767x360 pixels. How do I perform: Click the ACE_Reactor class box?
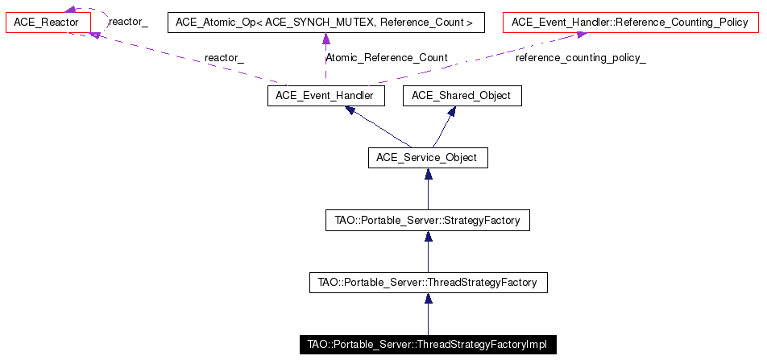[46, 22]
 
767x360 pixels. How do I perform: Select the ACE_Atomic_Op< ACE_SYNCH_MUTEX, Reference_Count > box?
[325, 22]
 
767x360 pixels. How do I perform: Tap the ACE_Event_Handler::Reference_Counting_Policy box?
[629, 22]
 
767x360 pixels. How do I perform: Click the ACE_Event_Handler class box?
[325, 96]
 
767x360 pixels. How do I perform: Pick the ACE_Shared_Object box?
[461, 96]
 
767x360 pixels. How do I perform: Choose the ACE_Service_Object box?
[427, 157]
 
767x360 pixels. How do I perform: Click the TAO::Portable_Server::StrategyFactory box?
[427, 219]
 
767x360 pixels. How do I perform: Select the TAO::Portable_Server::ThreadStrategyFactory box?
[428, 283]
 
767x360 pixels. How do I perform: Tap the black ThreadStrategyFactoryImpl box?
[427, 345]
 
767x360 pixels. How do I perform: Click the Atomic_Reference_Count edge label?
[386, 58]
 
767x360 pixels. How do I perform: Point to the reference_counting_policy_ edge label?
[580, 58]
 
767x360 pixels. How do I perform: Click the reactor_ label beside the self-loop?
[128, 22]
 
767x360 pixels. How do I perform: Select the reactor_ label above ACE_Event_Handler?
[224, 58]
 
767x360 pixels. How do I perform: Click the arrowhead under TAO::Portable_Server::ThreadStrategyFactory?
[428, 299]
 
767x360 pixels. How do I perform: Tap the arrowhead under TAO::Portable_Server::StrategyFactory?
[427, 236]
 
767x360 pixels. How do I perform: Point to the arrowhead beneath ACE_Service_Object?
[427, 174]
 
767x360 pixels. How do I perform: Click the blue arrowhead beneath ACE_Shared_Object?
[453, 112]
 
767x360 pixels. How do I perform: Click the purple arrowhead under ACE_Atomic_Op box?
[325, 39]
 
